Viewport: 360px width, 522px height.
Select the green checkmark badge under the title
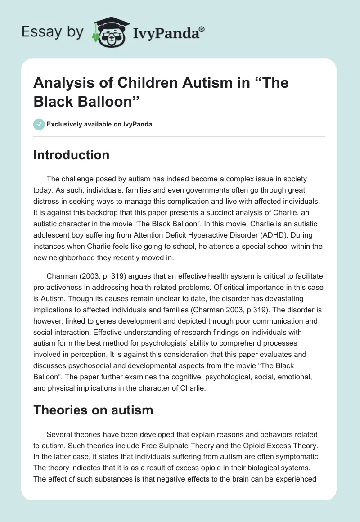[39, 124]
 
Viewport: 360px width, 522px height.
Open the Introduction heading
[72, 155]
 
